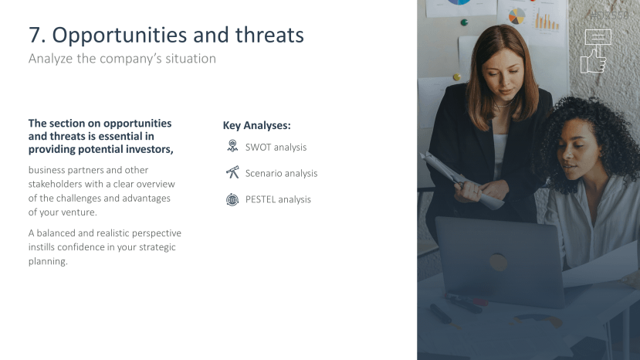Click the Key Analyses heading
pos(257,125)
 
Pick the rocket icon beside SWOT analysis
pos(232,146)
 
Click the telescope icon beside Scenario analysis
pos(232,172)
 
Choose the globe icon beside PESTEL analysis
pos(232,199)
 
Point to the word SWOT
pos(259,147)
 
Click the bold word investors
pos(150,149)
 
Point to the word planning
pos(48,262)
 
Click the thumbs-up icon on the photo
pos(595,51)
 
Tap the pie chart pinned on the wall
pos(516,16)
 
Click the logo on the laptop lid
pos(498,262)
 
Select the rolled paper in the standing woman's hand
pos(462,180)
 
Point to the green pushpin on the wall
pos(464,22)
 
